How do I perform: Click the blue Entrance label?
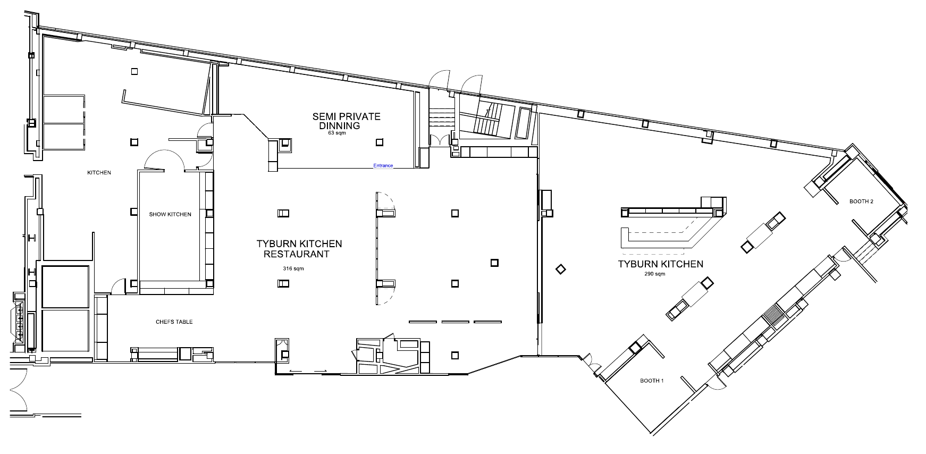click(383, 165)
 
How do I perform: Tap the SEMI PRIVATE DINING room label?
click(346, 121)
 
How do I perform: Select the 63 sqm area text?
click(337, 133)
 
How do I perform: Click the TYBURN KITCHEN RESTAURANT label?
click(299, 249)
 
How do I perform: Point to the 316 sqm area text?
click(294, 269)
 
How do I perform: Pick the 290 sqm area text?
click(654, 274)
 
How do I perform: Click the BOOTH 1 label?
click(652, 381)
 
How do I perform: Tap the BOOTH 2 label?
click(861, 201)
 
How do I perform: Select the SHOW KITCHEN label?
click(170, 214)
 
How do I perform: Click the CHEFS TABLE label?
click(174, 322)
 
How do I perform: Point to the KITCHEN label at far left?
click(99, 173)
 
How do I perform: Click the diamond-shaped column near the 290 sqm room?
click(560, 270)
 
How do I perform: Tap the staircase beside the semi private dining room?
click(488, 120)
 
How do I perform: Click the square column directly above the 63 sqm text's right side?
click(379, 142)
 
